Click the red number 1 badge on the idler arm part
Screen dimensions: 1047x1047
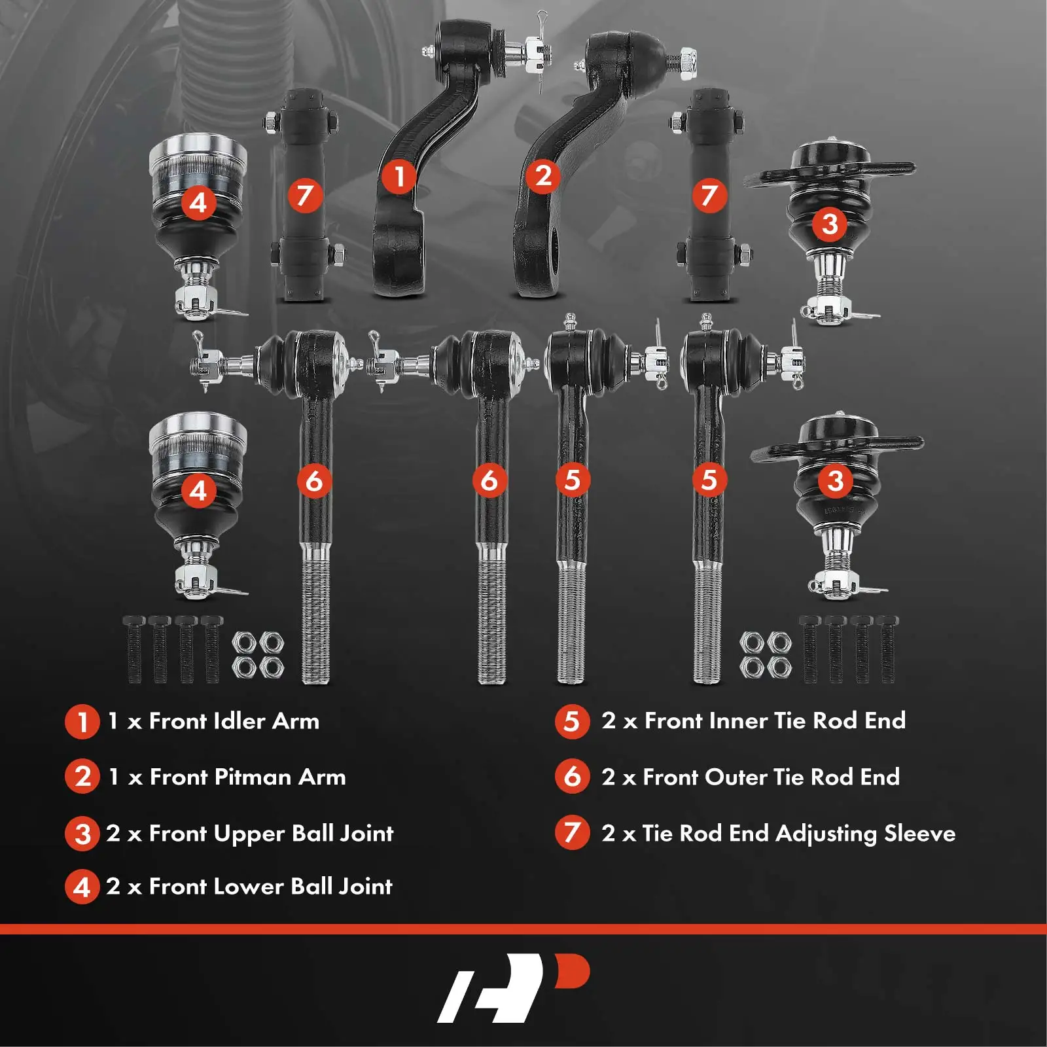point(399,176)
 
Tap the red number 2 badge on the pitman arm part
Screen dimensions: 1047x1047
point(542,176)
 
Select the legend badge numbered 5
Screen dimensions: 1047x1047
point(572,721)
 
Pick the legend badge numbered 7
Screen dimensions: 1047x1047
point(572,833)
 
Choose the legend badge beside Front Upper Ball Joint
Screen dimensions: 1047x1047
point(82,834)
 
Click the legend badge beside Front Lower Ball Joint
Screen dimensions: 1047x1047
point(82,887)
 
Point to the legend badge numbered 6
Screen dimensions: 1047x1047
point(572,777)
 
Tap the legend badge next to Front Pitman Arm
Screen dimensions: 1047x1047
point(82,777)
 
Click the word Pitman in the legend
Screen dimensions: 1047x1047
point(253,777)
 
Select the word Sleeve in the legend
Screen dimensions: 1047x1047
point(919,833)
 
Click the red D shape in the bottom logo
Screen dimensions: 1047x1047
point(572,971)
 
